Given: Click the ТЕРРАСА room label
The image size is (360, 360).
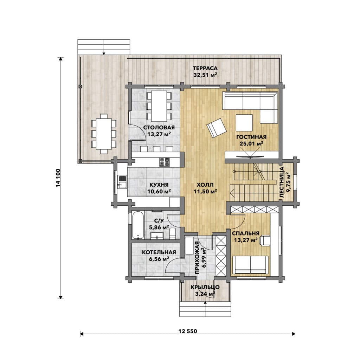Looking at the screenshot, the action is (205, 68).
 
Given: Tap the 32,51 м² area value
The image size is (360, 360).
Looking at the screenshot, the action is (205, 75).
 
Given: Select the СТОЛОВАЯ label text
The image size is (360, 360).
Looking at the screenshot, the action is (159, 128).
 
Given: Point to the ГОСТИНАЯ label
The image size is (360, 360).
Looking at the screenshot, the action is (251, 137).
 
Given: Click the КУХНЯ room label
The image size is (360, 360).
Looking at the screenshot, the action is (159, 185).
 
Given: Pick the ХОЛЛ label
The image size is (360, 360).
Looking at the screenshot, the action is (205, 185).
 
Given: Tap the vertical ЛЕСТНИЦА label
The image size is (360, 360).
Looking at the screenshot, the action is (282, 182).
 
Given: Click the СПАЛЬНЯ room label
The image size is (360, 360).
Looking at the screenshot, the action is (246, 233).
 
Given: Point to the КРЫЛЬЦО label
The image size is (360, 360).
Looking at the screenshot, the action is (205, 287).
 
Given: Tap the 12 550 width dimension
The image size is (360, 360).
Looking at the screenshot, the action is (188, 331).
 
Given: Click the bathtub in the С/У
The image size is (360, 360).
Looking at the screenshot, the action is (138, 225).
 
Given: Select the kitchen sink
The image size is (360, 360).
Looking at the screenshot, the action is (122, 182).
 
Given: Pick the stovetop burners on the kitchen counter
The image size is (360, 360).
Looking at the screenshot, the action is (165, 162).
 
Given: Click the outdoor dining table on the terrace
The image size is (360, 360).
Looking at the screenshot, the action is (104, 134).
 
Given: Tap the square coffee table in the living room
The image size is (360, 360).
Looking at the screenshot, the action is (244, 123).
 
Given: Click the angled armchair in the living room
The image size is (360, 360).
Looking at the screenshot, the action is (217, 128).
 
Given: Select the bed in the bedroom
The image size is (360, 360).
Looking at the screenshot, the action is (250, 265).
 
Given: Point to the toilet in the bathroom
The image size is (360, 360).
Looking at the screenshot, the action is (172, 233).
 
